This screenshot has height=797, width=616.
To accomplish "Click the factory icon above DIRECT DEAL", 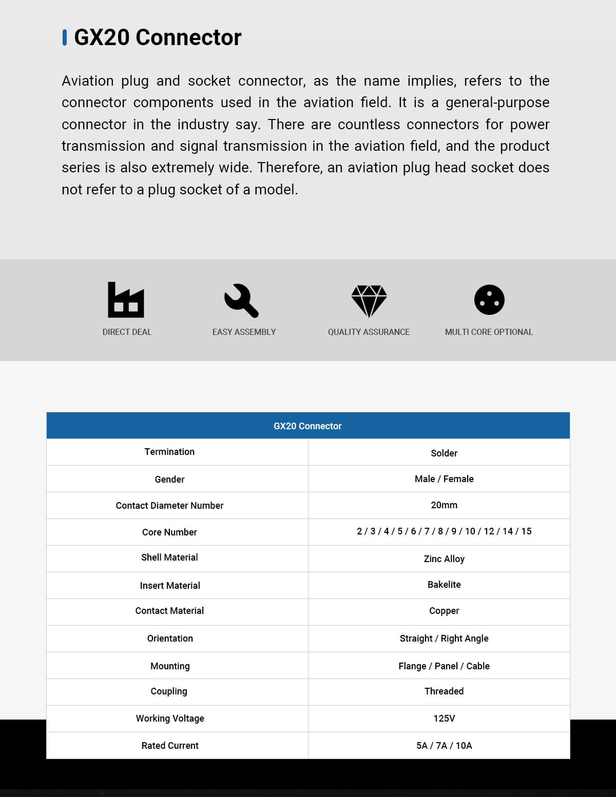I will pyautogui.click(x=126, y=300).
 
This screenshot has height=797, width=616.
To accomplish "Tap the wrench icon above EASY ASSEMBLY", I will pyautogui.click(x=241, y=300).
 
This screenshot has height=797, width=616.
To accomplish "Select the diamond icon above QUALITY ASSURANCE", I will pyautogui.click(x=369, y=301).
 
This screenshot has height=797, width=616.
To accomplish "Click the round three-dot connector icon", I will pyautogui.click(x=489, y=300).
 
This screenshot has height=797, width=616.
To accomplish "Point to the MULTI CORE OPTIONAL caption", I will pyautogui.click(x=489, y=332).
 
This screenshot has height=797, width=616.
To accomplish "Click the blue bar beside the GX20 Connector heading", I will pyautogui.click(x=65, y=37).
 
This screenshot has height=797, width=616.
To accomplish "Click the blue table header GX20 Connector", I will pyautogui.click(x=307, y=426).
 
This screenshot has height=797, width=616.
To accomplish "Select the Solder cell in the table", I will pyautogui.click(x=444, y=453).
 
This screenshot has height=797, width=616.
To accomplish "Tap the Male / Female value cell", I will pyautogui.click(x=444, y=479).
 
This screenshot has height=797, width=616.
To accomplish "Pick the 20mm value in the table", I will pyautogui.click(x=444, y=505).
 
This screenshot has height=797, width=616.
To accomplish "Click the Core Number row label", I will pyautogui.click(x=169, y=532).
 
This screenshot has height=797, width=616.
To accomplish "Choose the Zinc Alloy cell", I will pyautogui.click(x=444, y=559).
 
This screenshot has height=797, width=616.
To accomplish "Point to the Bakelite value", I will pyautogui.click(x=444, y=585).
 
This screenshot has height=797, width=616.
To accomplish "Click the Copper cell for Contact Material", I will pyautogui.click(x=444, y=611).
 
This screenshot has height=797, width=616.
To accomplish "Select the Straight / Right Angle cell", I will pyautogui.click(x=444, y=639).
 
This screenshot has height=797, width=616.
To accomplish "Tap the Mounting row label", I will pyautogui.click(x=170, y=666).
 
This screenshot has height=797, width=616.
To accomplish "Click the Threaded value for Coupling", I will pyautogui.click(x=444, y=691).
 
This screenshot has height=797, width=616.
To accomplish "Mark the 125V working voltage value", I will pyautogui.click(x=444, y=719).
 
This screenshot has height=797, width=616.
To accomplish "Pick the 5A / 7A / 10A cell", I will pyautogui.click(x=444, y=746).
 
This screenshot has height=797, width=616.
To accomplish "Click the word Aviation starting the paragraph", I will pyautogui.click(x=88, y=81).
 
